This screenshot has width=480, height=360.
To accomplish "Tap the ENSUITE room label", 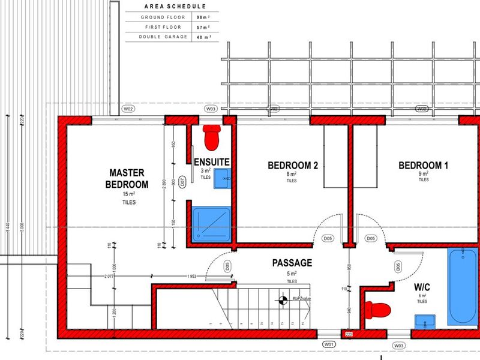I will [212, 161].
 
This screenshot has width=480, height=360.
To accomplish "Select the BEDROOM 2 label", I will [292, 166].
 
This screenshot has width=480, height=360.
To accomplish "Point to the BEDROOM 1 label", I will [423, 166].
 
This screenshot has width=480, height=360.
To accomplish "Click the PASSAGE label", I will [292, 263].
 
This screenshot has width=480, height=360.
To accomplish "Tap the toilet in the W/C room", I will [377, 310].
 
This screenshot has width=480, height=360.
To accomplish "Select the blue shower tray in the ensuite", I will [211, 224].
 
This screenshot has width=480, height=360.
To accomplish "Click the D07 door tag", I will [182, 185].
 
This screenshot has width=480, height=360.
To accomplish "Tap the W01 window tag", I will [328, 345].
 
